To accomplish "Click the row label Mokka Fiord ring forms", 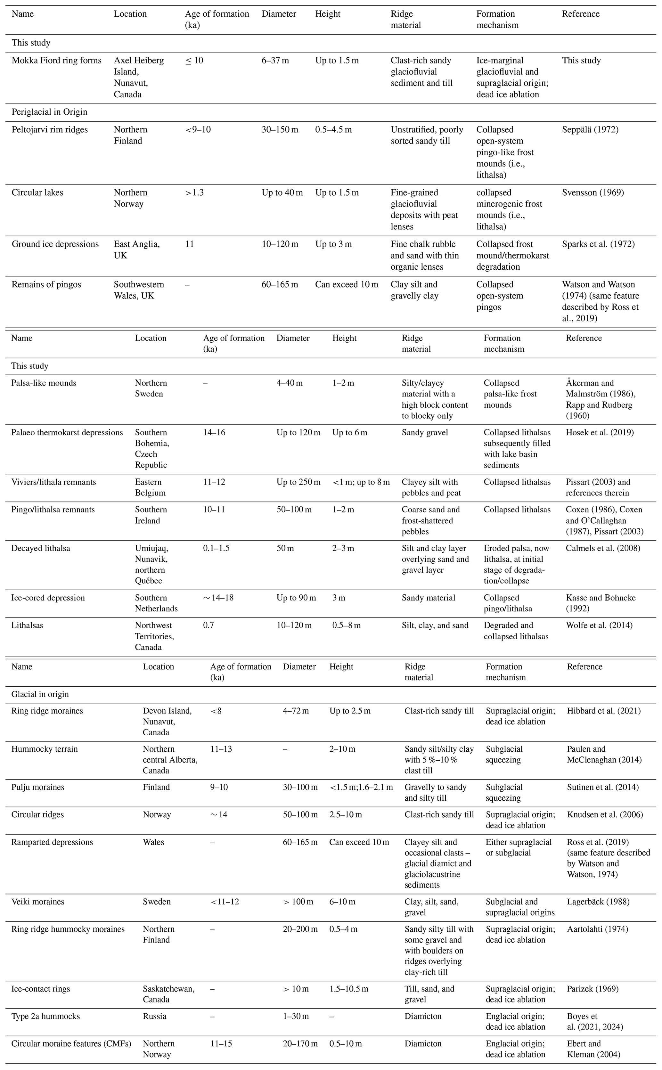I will tap(56, 61).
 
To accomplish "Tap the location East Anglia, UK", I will tap(137, 249).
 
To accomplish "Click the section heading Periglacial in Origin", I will tap(49, 112).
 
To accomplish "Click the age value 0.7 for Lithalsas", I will tap(208, 625).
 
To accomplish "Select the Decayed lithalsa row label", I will tap(41, 548).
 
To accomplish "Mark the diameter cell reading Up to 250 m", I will tap(298, 482).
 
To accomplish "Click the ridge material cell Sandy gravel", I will tap(425, 433).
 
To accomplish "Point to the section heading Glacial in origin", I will tap(40, 694).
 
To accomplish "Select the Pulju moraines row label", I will tap(38, 787).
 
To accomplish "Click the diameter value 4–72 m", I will tap(296, 711).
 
